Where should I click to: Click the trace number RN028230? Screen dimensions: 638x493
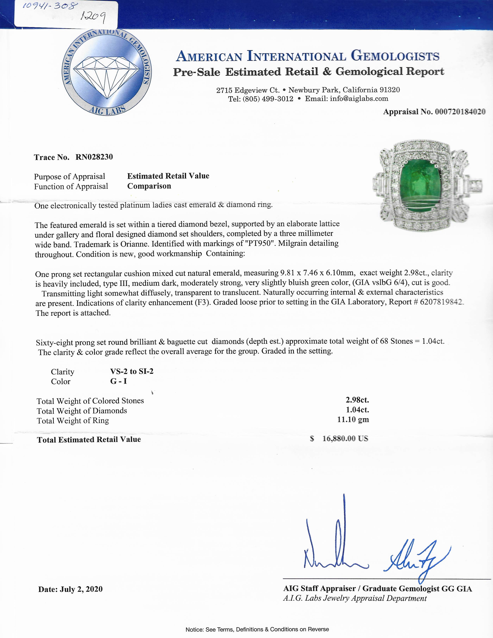tap(94, 157)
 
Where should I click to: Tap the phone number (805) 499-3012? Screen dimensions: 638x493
tap(268, 99)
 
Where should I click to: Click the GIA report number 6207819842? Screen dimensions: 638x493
tap(441, 302)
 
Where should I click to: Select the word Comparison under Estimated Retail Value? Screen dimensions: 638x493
tap(149, 186)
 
